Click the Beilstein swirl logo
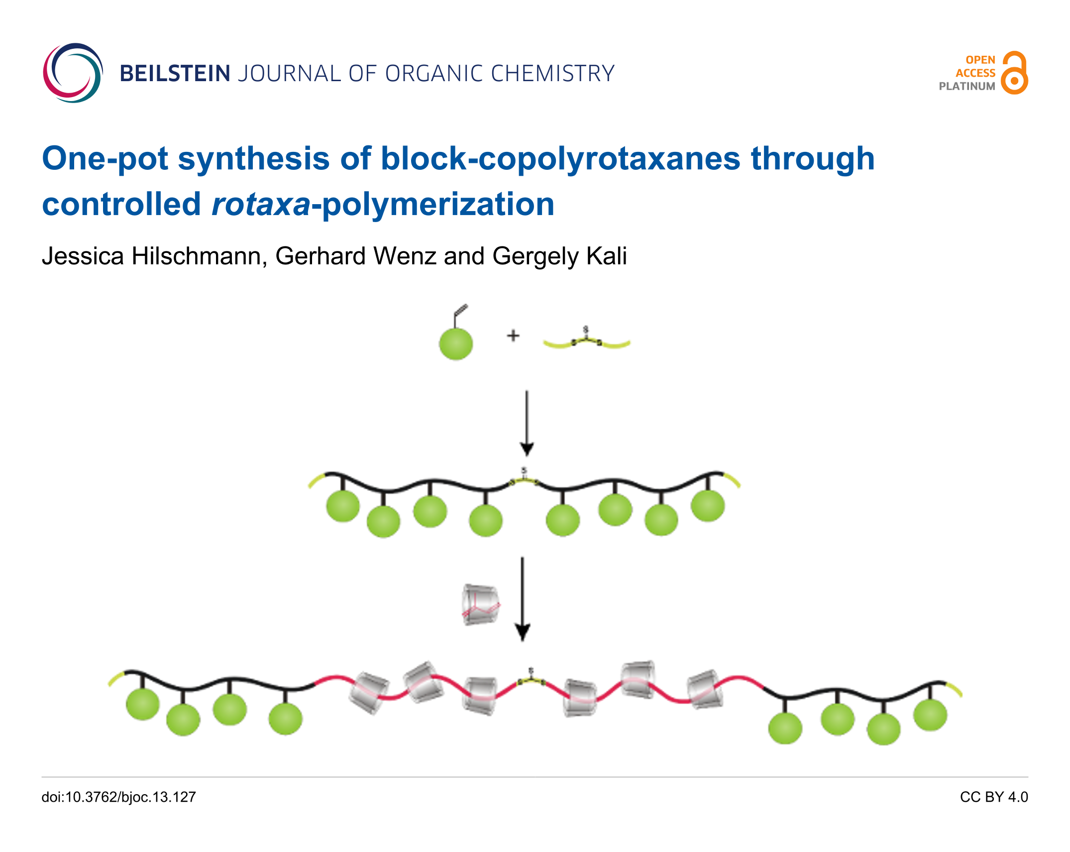pyautogui.click(x=73, y=73)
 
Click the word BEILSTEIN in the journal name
pyautogui.click(x=175, y=74)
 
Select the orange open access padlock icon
pyautogui.click(x=1014, y=73)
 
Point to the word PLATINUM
pyautogui.click(x=966, y=86)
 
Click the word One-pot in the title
pyautogui.click(x=105, y=159)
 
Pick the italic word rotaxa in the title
pyautogui.click(x=261, y=205)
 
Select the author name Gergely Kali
pyautogui.click(x=559, y=256)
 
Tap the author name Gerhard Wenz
pyautogui.click(x=355, y=256)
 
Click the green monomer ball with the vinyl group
pyautogui.click(x=455, y=343)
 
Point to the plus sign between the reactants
pyautogui.click(x=513, y=336)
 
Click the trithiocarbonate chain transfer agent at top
pyautogui.click(x=586, y=340)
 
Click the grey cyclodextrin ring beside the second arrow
pyautogui.click(x=480, y=604)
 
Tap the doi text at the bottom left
pyautogui.click(x=118, y=797)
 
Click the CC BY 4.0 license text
pyautogui.click(x=993, y=797)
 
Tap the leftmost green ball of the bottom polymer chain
pyautogui.click(x=143, y=703)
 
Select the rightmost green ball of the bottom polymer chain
pyautogui.click(x=930, y=715)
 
